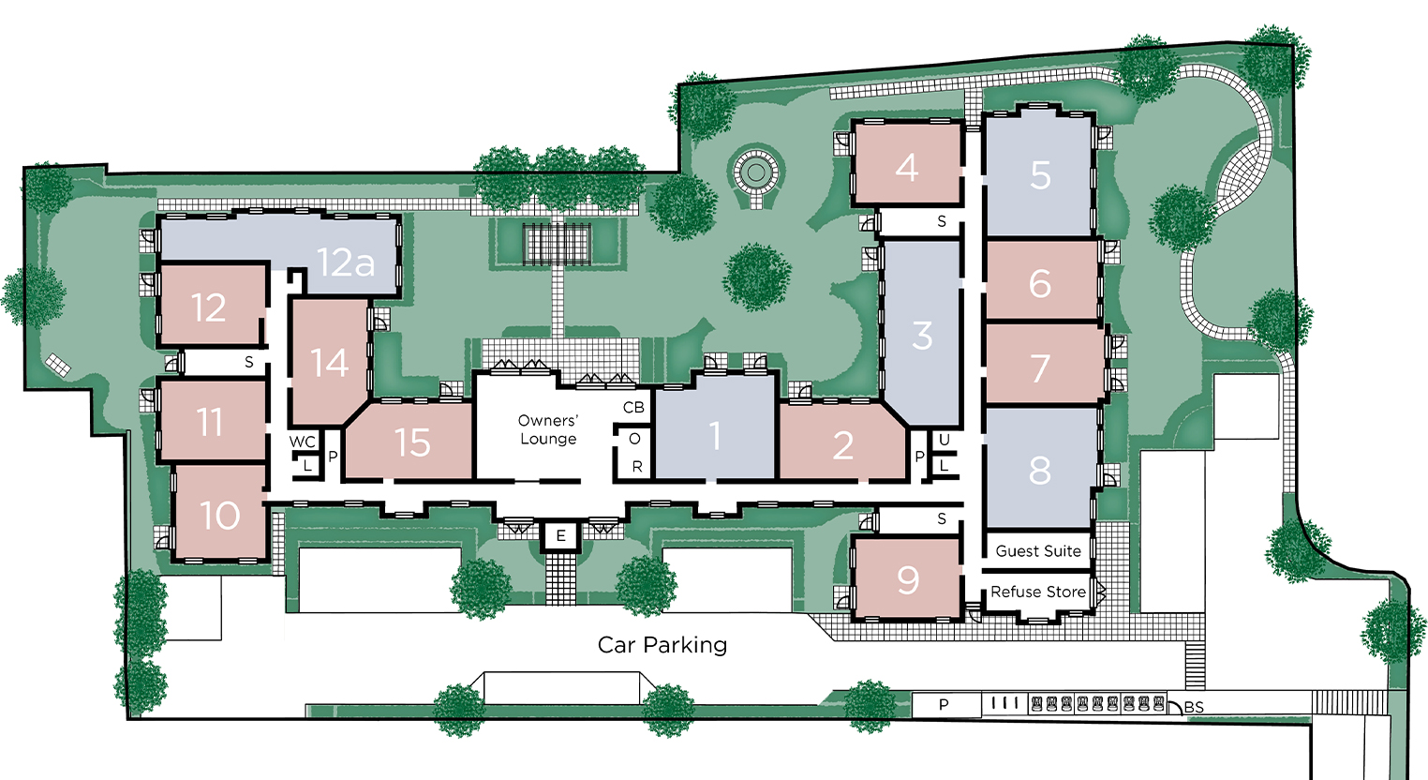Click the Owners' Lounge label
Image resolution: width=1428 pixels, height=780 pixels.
pyautogui.click(x=547, y=430)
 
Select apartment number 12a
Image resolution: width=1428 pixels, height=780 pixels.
pyautogui.click(x=346, y=262)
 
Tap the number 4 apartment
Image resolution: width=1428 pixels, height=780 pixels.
pyautogui.click(x=906, y=167)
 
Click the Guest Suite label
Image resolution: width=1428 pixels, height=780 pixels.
pyautogui.click(x=1038, y=551)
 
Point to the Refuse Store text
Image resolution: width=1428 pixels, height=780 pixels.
pyautogui.click(x=1038, y=592)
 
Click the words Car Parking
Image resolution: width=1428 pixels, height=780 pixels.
pyautogui.click(x=662, y=645)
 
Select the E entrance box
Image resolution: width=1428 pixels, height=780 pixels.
pyautogui.click(x=561, y=535)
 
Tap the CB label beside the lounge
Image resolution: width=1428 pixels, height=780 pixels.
pyautogui.click(x=633, y=407)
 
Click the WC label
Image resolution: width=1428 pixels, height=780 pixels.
pyautogui.click(x=302, y=442)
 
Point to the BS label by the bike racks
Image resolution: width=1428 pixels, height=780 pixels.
pyautogui.click(x=1194, y=707)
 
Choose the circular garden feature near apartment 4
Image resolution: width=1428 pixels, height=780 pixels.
pyautogui.click(x=756, y=171)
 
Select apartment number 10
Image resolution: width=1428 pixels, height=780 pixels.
pyautogui.click(x=220, y=515)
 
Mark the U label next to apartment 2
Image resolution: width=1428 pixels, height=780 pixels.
pyautogui.click(x=945, y=440)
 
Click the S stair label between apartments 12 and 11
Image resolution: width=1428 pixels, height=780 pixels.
pyautogui.click(x=248, y=362)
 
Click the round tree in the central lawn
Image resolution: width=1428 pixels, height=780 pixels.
pyautogui.click(x=757, y=277)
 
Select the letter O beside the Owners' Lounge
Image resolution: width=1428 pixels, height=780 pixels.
pyautogui.click(x=634, y=439)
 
